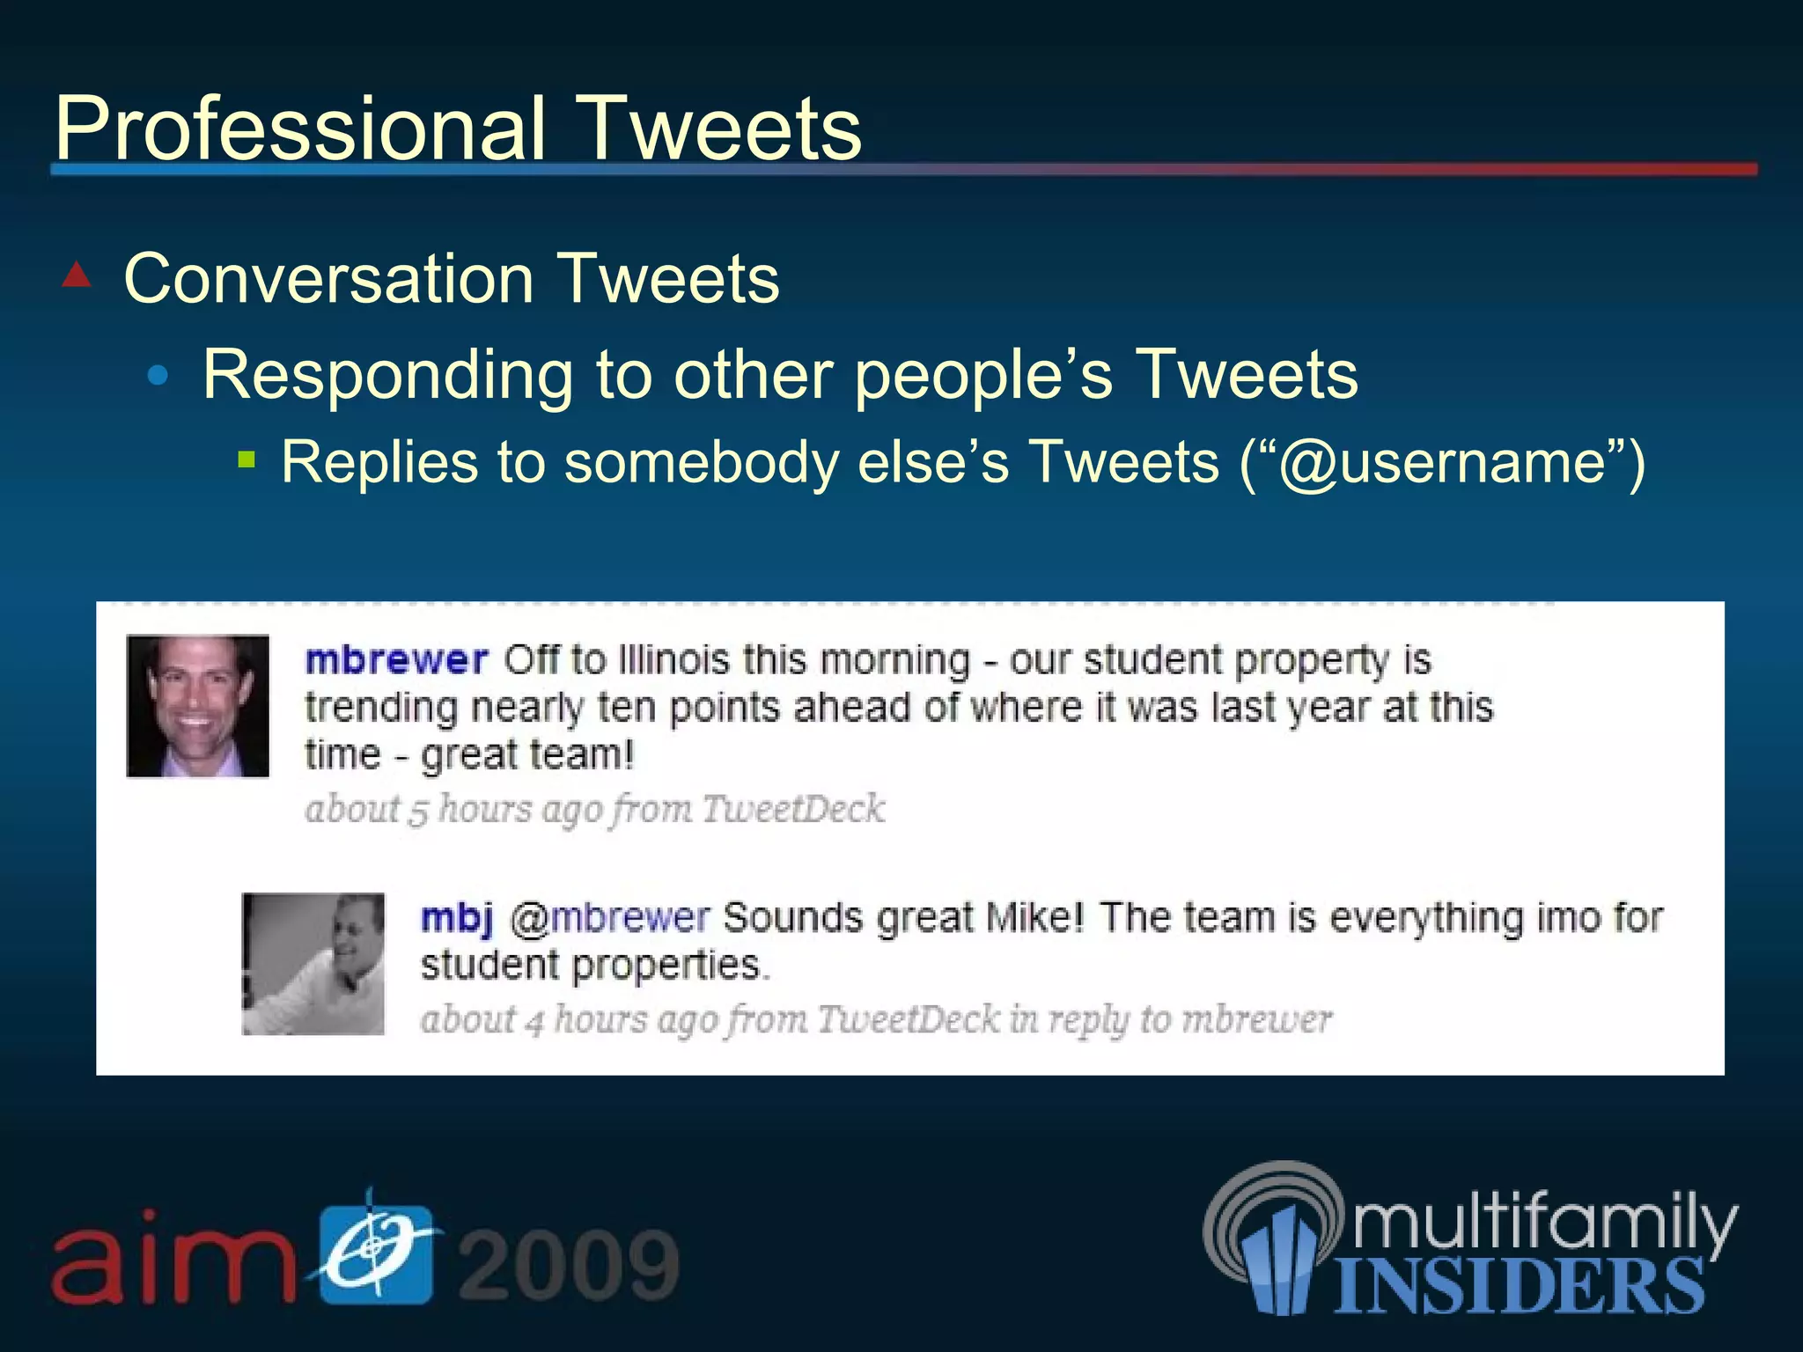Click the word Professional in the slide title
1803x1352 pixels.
(x=299, y=129)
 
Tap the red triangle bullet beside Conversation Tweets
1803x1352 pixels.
(x=77, y=276)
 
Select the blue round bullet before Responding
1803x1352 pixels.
(x=158, y=377)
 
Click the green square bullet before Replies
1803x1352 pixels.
(x=247, y=459)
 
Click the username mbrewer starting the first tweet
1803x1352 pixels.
(x=396, y=660)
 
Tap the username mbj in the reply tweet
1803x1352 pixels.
(x=456, y=918)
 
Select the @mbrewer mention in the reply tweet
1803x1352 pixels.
(x=609, y=918)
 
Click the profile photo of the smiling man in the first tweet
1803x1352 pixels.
(x=198, y=706)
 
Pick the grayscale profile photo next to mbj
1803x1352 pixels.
(x=313, y=964)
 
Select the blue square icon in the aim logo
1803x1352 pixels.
(x=376, y=1254)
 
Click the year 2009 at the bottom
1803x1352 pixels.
(x=569, y=1264)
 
